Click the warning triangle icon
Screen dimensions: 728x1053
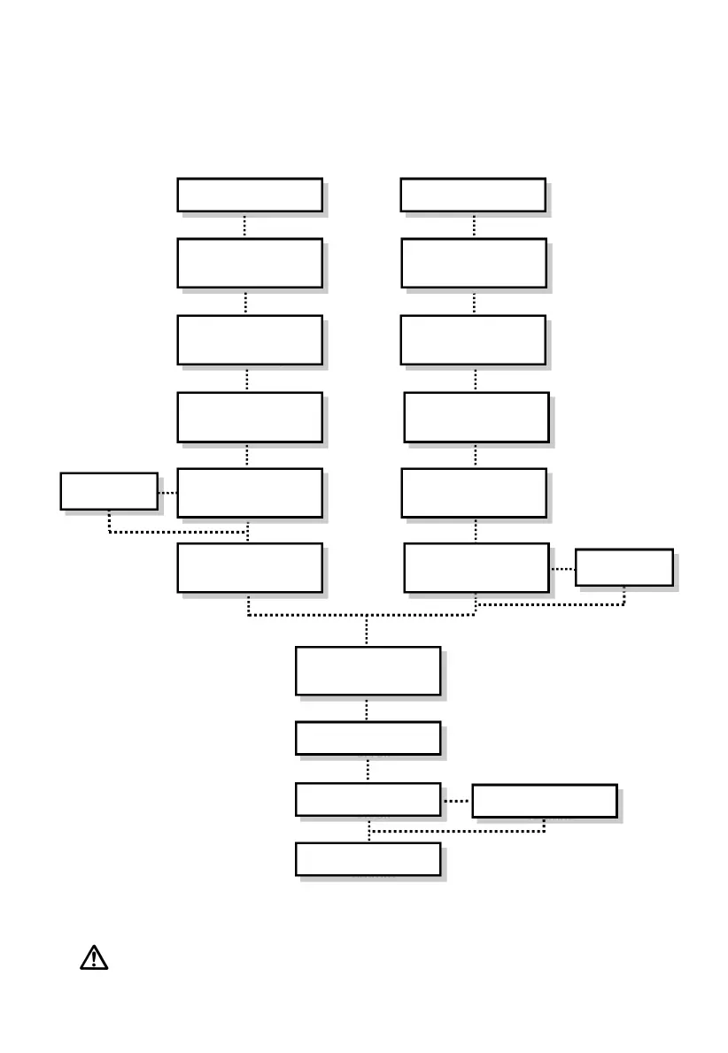pyautogui.click(x=94, y=957)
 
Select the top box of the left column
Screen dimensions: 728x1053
pyautogui.click(x=249, y=195)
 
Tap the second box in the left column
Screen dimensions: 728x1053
pyautogui.click(x=249, y=263)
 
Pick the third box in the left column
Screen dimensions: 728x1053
pyautogui.click(x=249, y=340)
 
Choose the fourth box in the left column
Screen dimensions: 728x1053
pyautogui.click(x=249, y=417)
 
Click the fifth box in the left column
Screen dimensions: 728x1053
pyautogui.click(x=249, y=493)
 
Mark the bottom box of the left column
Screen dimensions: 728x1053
pyautogui.click(x=249, y=567)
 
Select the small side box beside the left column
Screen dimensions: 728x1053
pyautogui.click(x=109, y=491)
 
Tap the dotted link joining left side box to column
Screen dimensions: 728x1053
pyautogui.click(x=167, y=492)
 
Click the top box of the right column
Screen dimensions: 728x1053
pyautogui.click(x=472, y=195)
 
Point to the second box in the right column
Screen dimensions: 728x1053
pyautogui.click(x=473, y=263)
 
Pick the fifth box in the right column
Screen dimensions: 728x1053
pyautogui.click(x=473, y=493)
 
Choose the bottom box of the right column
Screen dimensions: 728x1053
pyautogui.click(x=476, y=567)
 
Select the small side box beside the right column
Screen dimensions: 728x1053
pyautogui.click(x=623, y=567)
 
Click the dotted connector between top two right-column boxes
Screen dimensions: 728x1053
pyautogui.click(x=474, y=225)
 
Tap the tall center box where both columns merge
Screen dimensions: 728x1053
pyautogui.click(x=368, y=671)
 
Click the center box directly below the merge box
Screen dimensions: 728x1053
pyautogui.click(x=368, y=738)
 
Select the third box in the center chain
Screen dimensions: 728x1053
pyautogui.click(x=368, y=799)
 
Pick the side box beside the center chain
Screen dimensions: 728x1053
pyautogui.click(x=544, y=801)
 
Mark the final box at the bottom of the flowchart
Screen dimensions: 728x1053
pyautogui.click(x=368, y=858)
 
